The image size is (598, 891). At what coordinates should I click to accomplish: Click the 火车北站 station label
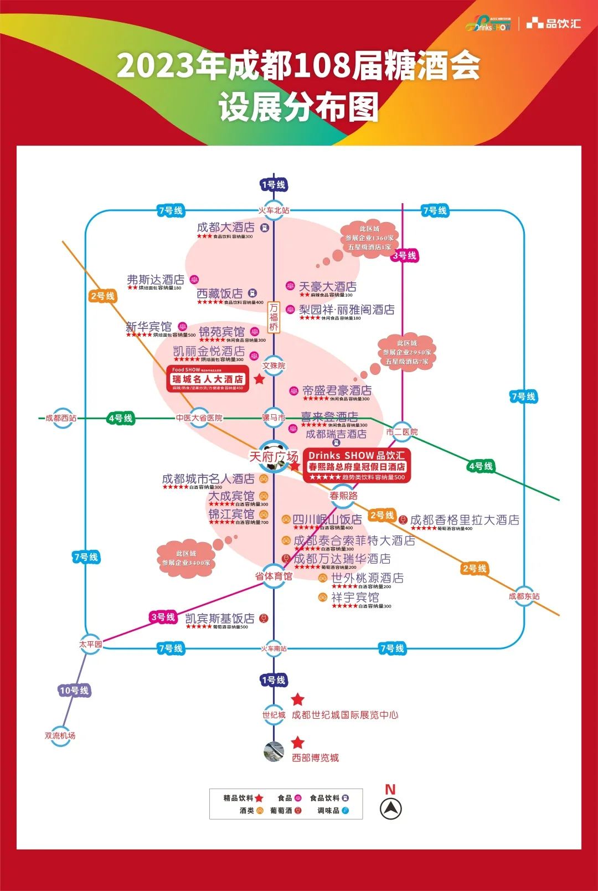274,210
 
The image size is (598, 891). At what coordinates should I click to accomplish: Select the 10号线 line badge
74,690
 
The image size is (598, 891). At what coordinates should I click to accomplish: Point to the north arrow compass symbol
390,809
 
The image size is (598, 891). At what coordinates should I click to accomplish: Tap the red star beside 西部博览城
298,743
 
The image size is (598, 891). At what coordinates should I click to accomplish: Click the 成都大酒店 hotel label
226,228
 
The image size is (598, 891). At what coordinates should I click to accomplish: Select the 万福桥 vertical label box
274,317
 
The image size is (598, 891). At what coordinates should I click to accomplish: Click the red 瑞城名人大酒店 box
208,379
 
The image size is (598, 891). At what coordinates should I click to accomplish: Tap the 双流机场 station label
60,735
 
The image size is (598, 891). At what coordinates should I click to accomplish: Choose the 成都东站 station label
524,596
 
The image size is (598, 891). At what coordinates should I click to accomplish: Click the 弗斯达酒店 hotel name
156,280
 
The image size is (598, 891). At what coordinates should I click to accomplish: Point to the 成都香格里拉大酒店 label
465,520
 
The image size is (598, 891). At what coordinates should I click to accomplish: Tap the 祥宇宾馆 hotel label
355,598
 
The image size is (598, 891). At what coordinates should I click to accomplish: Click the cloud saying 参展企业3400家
186,558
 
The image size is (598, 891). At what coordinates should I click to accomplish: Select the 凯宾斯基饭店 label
220,619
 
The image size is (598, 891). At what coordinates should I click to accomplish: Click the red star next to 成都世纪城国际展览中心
298,699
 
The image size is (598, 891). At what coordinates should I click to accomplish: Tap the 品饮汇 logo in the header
554,23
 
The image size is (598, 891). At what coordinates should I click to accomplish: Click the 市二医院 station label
402,432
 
